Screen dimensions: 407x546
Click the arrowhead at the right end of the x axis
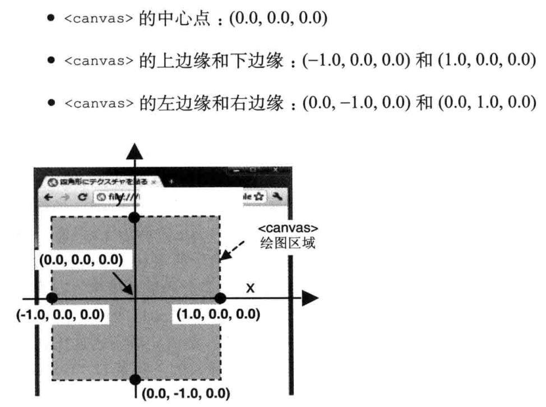(x=309, y=299)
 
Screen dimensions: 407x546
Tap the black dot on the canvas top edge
(x=135, y=218)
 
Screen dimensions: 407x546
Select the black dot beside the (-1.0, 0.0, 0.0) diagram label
(x=52, y=299)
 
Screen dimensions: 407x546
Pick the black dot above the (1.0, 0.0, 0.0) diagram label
(x=220, y=299)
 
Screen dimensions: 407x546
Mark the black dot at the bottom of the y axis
(x=135, y=380)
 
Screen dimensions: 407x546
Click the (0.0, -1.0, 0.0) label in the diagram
(x=186, y=394)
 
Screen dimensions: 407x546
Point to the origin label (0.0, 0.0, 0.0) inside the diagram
(x=81, y=260)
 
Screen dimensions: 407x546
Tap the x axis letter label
(x=251, y=288)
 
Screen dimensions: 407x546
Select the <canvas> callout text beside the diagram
(x=288, y=230)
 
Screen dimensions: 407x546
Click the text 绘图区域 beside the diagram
(x=288, y=244)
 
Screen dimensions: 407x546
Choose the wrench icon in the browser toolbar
(x=276, y=197)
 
